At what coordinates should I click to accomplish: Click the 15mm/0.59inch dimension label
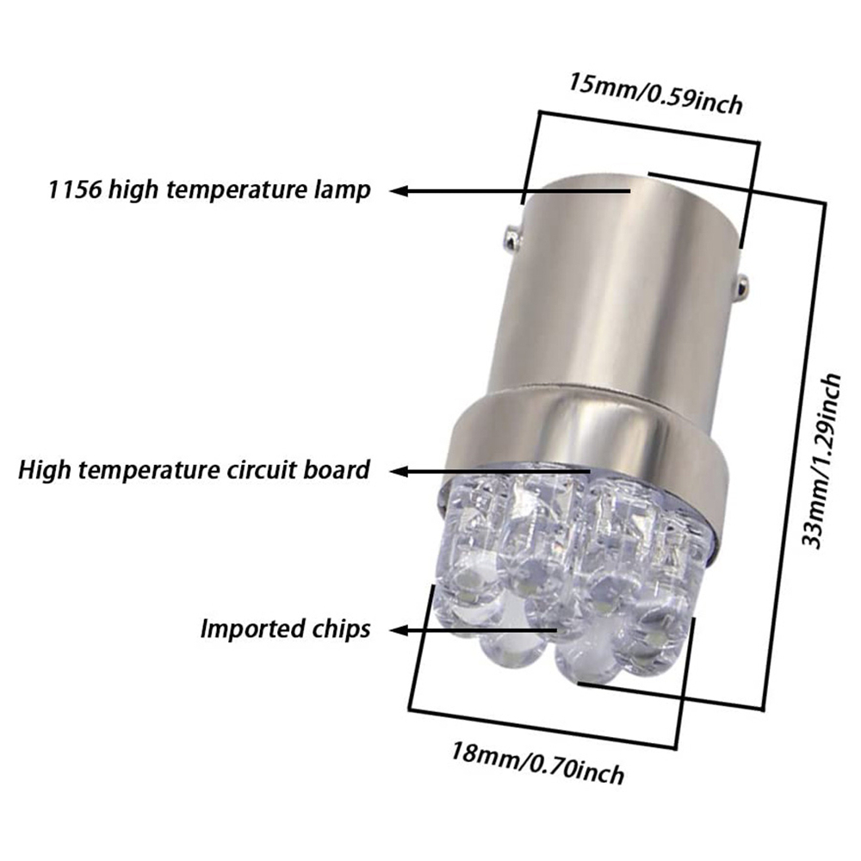654,94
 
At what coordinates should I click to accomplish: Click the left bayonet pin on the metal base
511,232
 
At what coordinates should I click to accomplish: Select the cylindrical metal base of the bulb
620,284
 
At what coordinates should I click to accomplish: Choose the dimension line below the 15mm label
646,127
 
